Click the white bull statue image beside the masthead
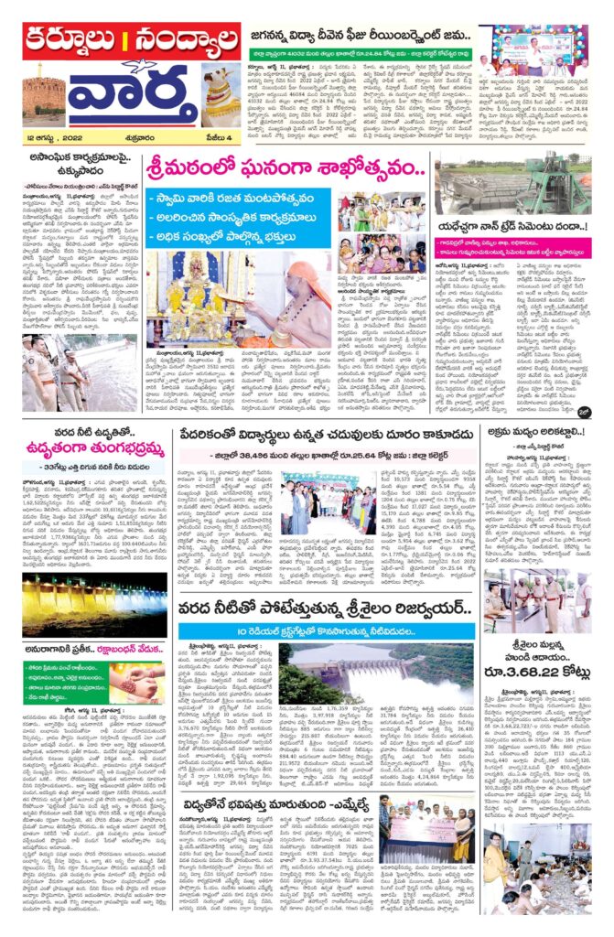(x=219, y=96)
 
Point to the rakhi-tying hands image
(x=137, y=684)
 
